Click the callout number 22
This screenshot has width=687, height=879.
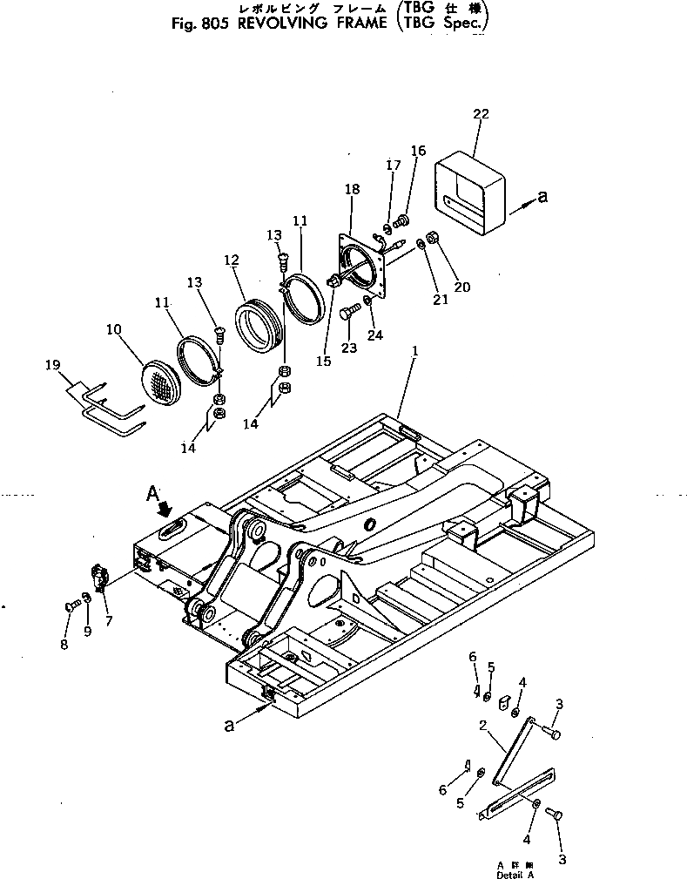click(x=481, y=113)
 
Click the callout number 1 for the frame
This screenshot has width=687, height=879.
click(x=415, y=350)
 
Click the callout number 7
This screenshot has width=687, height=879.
click(x=109, y=620)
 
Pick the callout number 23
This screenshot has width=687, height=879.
click(x=348, y=348)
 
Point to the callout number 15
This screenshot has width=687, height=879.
click(x=323, y=361)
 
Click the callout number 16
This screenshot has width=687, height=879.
click(x=418, y=150)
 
